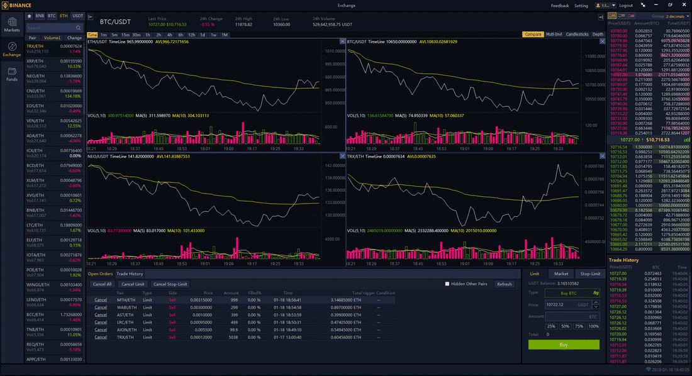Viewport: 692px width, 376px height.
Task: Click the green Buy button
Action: [x=564, y=345]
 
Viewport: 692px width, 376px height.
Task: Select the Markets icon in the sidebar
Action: [x=12, y=25]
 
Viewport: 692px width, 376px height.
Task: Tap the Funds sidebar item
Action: [x=12, y=74]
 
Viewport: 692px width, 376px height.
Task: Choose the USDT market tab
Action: [x=77, y=16]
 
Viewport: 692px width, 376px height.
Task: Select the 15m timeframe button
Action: [x=125, y=35]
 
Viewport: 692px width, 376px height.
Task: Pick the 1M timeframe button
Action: [x=225, y=35]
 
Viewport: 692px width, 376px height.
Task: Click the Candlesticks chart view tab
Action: [x=577, y=35]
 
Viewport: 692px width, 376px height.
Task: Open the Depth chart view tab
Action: [x=598, y=35]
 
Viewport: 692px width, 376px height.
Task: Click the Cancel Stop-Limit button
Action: [x=170, y=284]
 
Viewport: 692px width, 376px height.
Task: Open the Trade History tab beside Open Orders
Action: [x=130, y=274]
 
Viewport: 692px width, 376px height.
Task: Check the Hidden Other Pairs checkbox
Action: [x=447, y=284]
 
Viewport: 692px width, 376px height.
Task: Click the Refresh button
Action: [x=504, y=284]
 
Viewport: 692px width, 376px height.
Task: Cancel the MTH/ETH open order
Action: [x=101, y=299]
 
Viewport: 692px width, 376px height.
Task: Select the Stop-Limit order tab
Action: [x=590, y=274]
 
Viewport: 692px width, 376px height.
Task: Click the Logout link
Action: [x=625, y=5]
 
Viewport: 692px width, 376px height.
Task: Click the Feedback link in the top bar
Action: [x=560, y=5]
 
